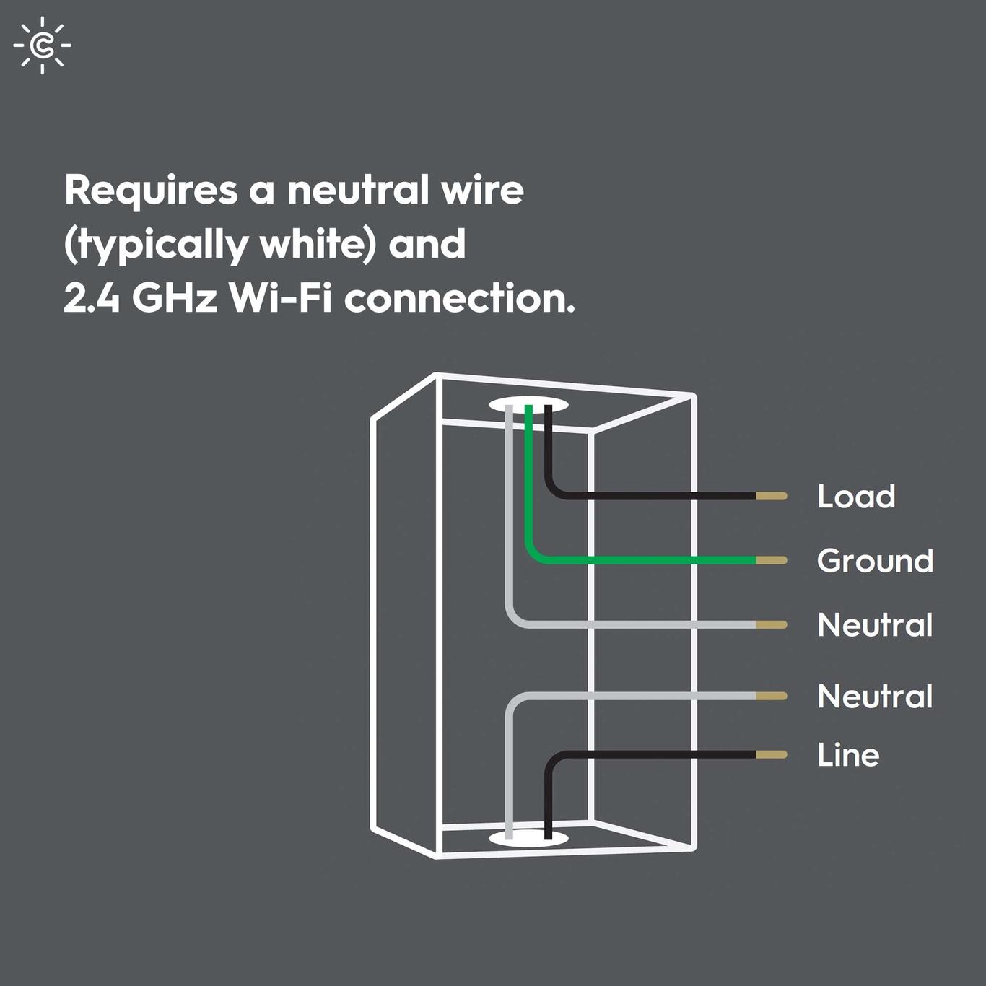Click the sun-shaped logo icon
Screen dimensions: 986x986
click(x=43, y=45)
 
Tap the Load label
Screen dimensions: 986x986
click(x=856, y=497)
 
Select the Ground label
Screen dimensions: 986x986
click(x=875, y=561)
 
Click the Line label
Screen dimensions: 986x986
click(x=848, y=755)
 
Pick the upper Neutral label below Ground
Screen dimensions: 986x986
click(x=875, y=625)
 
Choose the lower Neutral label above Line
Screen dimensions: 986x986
click(x=875, y=697)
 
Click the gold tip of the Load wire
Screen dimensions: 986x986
click(x=772, y=496)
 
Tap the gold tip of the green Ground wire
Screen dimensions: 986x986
click(x=772, y=560)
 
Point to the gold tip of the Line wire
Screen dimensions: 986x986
click(x=772, y=754)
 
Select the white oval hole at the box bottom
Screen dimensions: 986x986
click(x=528, y=839)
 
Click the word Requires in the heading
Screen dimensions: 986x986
click(x=151, y=191)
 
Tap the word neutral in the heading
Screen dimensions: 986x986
click(x=359, y=191)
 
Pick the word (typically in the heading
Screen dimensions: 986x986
click(x=156, y=245)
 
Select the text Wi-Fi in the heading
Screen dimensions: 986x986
click(x=281, y=297)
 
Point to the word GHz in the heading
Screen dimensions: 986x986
click(x=175, y=297)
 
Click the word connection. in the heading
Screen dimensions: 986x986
click(x=460, y=297)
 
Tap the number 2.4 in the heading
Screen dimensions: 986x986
click(x=92, y=297)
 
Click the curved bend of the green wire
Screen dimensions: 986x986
click(x=534, y=554)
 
